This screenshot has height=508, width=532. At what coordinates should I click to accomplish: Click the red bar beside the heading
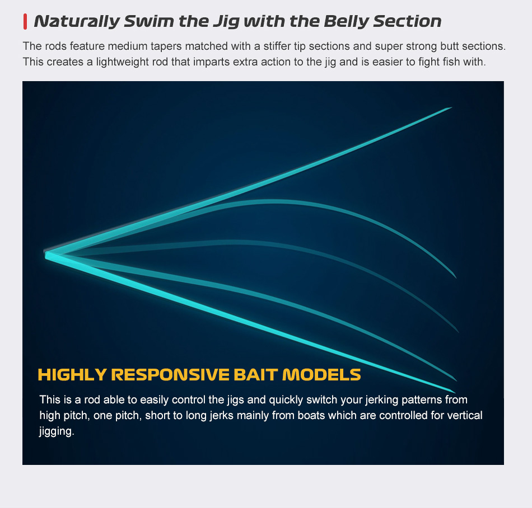[25, 22]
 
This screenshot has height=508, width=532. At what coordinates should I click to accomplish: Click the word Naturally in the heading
[77, 21]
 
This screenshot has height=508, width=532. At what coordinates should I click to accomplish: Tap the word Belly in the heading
[346, 21]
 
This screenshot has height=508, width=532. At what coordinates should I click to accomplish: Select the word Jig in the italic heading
[226, 22]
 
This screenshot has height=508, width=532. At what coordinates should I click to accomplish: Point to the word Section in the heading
[407, 21]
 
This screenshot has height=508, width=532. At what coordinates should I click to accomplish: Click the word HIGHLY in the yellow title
[72, 375]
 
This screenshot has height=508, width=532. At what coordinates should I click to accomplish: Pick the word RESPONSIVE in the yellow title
[170, 375]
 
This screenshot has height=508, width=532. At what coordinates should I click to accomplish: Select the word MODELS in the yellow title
[321, 375]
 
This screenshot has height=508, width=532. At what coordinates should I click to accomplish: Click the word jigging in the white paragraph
[57, 431]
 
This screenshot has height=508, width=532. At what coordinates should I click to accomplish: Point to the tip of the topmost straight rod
[451, 108]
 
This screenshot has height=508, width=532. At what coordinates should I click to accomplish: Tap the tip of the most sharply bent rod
[456, 277]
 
